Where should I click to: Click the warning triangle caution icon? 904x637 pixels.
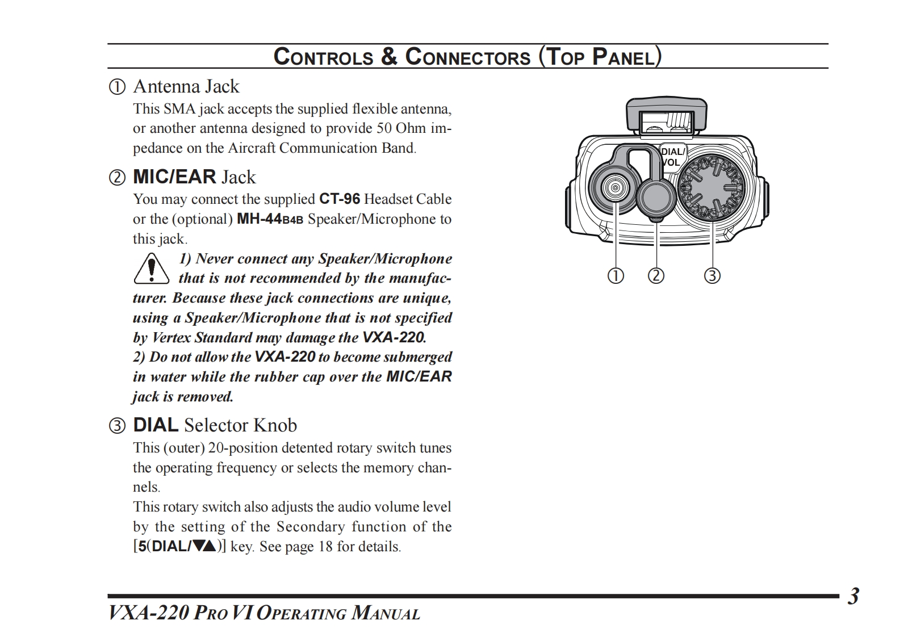pyautogui.click(x=151, y=269)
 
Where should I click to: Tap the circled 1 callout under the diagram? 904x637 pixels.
pyautogui.click(x=616, y=276)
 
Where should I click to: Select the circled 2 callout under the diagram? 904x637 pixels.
pyautogui.click(x=656, y=276)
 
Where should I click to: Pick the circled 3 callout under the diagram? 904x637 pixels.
pyautogui.click(x=712, y=276)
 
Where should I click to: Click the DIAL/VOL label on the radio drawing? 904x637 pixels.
pyautogui.click(x=672, y=157)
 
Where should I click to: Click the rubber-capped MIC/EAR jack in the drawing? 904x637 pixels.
pyautogui.click(x=656, y=196)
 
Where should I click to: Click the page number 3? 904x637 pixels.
pyautogui.click(x=853, y=596)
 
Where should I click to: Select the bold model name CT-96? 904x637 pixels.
pyautogui.click(x=340, y=199)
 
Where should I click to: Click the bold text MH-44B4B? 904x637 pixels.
pyautogui.click(x=270, y=219)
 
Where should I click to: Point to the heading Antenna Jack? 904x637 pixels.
pyautogui.click(x=186, y=86)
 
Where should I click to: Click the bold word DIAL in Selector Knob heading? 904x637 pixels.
pyautogui.click(x=156, y=425)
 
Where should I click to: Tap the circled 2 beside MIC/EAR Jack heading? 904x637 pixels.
pyautogui.click(x=117, y=178)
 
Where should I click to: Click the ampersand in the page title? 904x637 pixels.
pyautogui.click(x=389, y=57)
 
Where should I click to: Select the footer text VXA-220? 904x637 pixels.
pyautogui.click(x=148, y=613)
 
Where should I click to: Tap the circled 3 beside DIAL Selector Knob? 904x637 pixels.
pyautogui.click(x=117, y=426)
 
